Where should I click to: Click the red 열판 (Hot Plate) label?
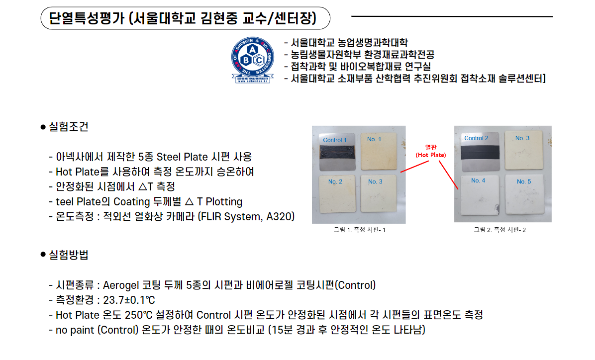430,151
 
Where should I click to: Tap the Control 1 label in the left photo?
335,140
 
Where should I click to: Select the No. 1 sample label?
374,139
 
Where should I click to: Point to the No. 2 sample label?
335,181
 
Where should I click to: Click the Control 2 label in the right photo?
476,138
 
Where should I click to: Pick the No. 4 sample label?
478,180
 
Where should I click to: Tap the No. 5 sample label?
523,181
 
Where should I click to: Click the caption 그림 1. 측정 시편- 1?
360,230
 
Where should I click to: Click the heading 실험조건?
68,127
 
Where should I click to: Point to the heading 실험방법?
68,255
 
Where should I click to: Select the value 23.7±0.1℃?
128,300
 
